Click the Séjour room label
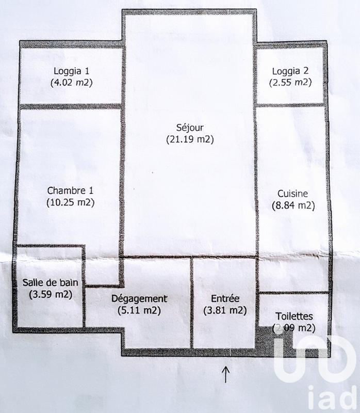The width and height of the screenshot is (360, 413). point(189,128)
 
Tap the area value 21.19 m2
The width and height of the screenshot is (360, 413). point(189,139)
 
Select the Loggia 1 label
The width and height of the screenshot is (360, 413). point(71,71)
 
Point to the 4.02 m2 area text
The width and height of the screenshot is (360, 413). point(71,82)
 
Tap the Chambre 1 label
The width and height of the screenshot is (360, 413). point(70,190)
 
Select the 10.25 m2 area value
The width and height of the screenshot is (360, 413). point(70,202)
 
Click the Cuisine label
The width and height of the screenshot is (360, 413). point(293,194)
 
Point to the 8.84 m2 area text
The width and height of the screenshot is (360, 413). point(293,205)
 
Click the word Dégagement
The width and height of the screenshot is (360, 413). point(140,298)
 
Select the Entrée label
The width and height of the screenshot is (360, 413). point(225,298)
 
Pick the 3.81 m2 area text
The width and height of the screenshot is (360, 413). point(225,310)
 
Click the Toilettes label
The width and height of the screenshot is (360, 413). point(293,316)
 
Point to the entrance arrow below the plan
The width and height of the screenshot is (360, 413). point(225,374)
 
